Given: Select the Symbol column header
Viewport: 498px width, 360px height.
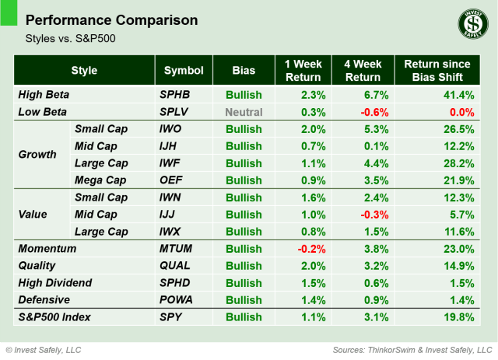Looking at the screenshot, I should [183, 71].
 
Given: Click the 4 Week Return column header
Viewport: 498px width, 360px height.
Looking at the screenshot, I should [363, 71].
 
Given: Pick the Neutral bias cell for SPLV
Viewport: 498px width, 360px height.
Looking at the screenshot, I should [244, 111].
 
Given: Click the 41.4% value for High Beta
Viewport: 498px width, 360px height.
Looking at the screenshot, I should [458, 95].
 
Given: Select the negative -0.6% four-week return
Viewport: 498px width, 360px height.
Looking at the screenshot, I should [371, 111].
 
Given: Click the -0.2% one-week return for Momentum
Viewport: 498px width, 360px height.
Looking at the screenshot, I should [304, 249].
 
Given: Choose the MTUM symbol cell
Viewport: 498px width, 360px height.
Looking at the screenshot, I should [177, 249].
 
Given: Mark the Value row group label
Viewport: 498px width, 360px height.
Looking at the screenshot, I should [34, 214].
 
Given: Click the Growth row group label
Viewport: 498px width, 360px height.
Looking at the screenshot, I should [37, 154].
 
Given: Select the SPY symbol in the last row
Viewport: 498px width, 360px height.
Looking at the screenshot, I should [171, 317].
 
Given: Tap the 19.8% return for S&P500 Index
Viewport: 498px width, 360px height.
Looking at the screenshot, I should [458, 317].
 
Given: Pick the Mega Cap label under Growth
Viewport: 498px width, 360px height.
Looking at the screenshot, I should [101, 180].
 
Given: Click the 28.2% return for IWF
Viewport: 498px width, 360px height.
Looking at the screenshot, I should [458, 163].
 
